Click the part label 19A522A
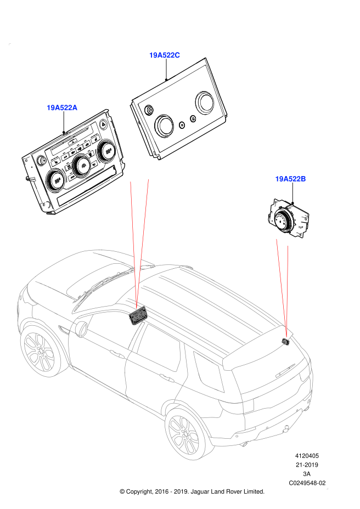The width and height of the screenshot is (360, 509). pyautogui.click(x=62, y=108)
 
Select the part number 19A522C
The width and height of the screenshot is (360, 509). pyautogui.click(x=165, y=55)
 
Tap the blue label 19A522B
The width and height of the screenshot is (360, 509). pyautogui.click(x=290, y=179)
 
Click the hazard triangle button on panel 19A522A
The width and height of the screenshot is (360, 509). pyautogui.click(x=104, y=123)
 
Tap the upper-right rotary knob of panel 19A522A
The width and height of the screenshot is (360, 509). pyautogui.click(x=108, y=150)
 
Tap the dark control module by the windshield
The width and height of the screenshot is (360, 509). pyautogui.click(x=137, y=316)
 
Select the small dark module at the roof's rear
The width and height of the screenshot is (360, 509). pyautogui.click(x=286, y=342)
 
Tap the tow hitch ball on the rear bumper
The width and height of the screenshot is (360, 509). pyautogui.click(x=286, y=430)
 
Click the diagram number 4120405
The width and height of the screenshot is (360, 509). pyautogui.click(x=307, y=456)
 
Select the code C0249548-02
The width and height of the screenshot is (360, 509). pyautogui.click(x=307, y=483)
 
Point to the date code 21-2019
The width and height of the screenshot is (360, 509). pyautogui.click(x=307, y=465)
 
